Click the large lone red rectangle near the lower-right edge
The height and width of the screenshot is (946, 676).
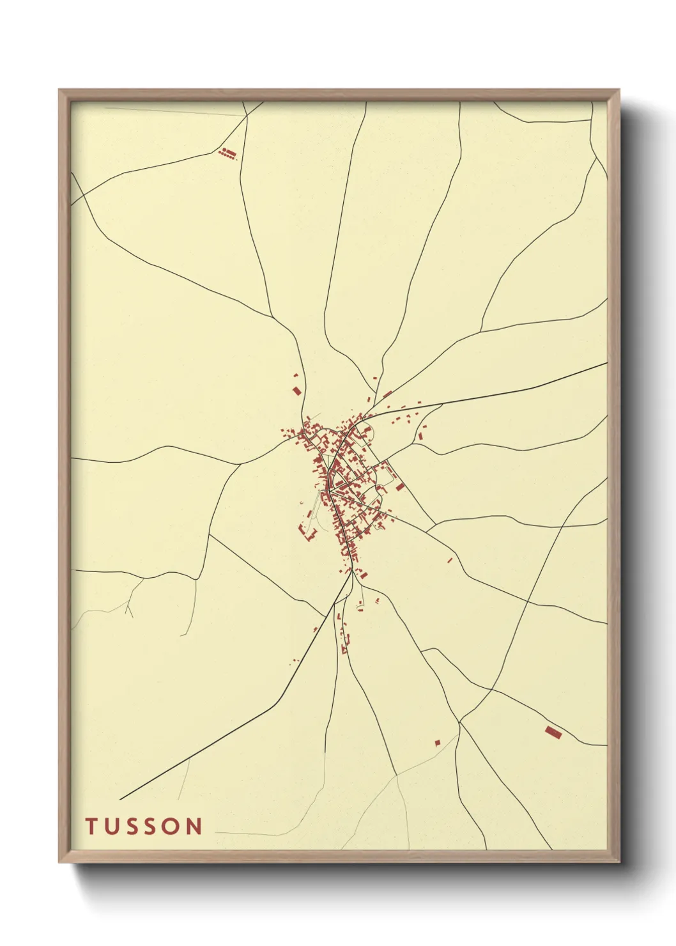tap(553, 732)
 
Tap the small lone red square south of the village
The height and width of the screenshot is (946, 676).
tap(438, 742)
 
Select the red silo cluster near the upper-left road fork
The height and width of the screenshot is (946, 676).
tap(227, 153)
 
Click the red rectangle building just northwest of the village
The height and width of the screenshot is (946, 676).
tap(296, 390)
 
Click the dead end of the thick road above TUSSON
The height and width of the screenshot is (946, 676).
tap(120, 799)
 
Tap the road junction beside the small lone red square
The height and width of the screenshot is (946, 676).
tap(459, 722)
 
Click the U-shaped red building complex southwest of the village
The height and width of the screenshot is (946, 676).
tap(309, 532)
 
